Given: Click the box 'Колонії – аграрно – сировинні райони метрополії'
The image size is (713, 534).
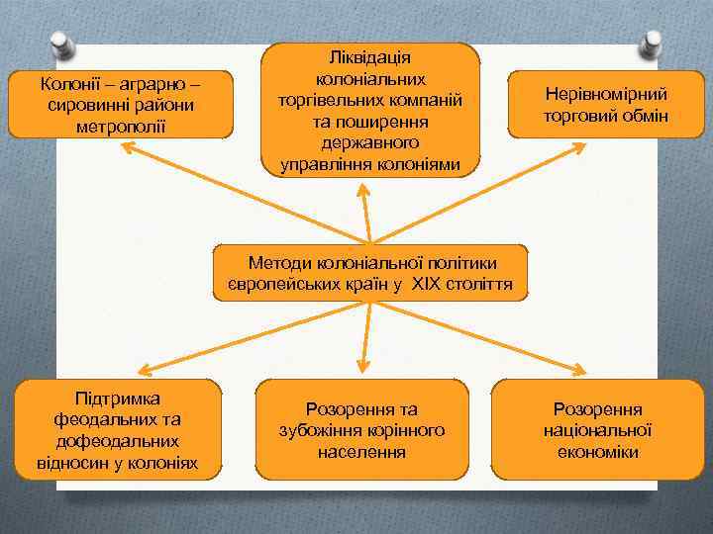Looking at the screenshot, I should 121,104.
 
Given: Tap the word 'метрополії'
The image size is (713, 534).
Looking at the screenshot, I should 121,126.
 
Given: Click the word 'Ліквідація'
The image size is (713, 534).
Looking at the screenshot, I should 371,57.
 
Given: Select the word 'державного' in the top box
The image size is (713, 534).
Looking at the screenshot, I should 371,143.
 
